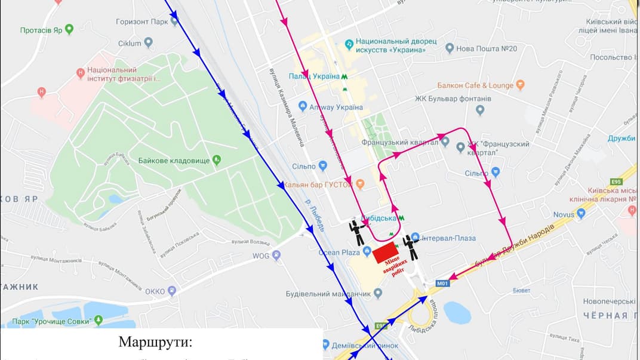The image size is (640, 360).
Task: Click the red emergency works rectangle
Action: (x=386, y=253)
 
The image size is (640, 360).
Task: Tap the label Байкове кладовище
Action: (x=174, y=160)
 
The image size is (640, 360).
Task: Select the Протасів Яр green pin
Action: (x=69, y=29)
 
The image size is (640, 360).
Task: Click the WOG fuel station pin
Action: (x=276, y=255)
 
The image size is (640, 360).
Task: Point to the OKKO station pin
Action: (x=172, y=291)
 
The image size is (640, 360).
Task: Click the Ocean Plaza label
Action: (x=337, y=253)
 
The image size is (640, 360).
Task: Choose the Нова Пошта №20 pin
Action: (x=450, y=48)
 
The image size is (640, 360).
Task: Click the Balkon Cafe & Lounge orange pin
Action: (x=520, y=85)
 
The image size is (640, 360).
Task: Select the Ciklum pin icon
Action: (x=149, y=43)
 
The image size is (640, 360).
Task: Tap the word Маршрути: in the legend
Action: (x=156, y=342)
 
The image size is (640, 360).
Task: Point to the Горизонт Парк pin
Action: (x=174, y=21)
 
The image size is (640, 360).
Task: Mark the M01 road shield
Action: (x=442, y=284)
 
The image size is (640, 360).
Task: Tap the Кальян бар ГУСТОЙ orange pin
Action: (x=360, y=184)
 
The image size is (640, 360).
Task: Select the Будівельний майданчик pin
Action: (x=377, y=293)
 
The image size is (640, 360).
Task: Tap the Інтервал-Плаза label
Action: (x=448, y=238)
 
